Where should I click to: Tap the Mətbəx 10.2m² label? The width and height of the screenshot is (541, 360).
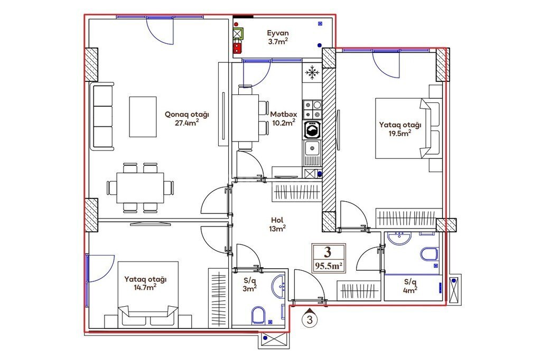pyautogui.click(x=283, y=118)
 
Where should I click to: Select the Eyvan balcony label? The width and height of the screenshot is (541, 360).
pyautogui.click(x=278, y=37)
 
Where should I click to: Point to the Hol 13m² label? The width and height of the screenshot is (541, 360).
pyautogui.click(x=277, y=224)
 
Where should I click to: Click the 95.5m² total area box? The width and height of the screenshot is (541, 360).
pyautogui.click(x=328, y=258)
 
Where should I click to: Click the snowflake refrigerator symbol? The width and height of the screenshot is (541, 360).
pyautogui.click(x=312, y=72)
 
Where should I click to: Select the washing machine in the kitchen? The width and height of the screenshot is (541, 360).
pyautogui.click(x=312, y=130)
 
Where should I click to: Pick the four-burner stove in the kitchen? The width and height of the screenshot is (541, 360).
pyautogui.click(x=312, y=109)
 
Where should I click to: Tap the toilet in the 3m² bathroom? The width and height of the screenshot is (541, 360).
pyautogui.click(x=257, y=315)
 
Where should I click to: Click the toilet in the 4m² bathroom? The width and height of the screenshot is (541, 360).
pyautogui.click(x=429, y=254)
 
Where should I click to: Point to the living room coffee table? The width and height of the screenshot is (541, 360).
pyautogui.click(x=143, y=117)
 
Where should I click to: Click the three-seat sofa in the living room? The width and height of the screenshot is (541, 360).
pyautogui.click(x=102, y=116)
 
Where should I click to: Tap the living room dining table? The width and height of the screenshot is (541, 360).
pyautogui.click(x=140, y=188)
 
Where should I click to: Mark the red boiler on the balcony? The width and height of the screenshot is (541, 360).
pyautogui.click(x=237, y=47)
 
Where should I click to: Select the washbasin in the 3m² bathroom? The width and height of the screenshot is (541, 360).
pyautogui.click(x=278, y=286)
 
